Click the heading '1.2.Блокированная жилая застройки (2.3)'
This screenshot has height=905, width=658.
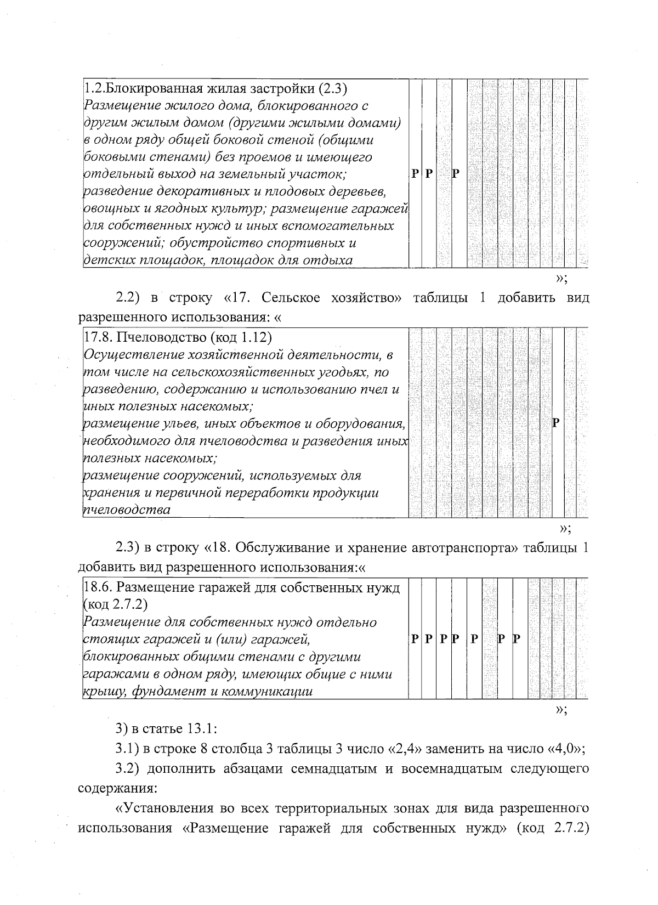click(x=215, y=88)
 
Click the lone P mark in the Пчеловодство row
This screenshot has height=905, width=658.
click(x=556, y=422)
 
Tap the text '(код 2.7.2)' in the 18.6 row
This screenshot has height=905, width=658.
click(x=115, y=604)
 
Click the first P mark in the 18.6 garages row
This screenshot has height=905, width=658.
click(x=415, y=639)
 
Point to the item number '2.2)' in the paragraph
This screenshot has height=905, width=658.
click(x=128, y=298)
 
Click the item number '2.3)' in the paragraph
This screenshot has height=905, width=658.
click(x=128, y=548)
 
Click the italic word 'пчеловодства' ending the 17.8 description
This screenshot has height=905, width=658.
click(x=126, y=510)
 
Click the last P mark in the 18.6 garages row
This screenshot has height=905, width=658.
click(x=516, y=639)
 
